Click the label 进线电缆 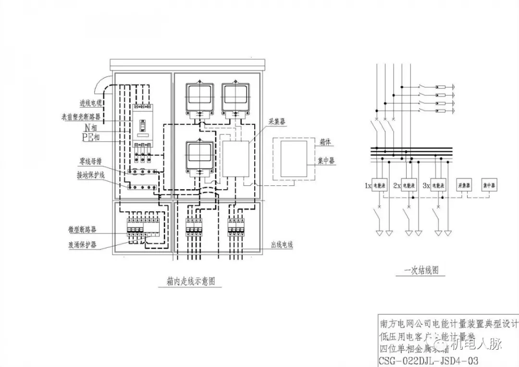(x=91, y=103)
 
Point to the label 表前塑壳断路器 (x=81, y=117)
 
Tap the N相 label (x=91, y=128)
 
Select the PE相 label (x=90, y=138)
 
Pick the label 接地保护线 (x=88, y=174)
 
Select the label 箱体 (x=325, y=143)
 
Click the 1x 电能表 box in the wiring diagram (x=380, y=185)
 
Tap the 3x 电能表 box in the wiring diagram (x=438, y=185)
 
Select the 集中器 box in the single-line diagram (x=489, y=185)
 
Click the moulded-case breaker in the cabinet (x=143, y=127)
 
